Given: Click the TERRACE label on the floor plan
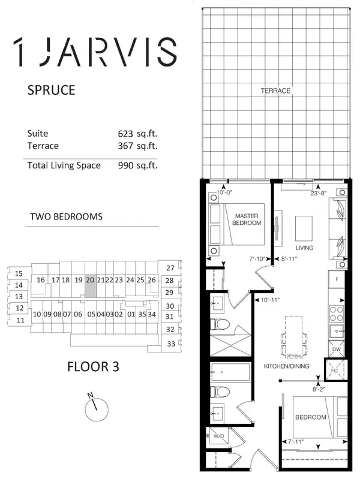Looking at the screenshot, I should pyautogui.click(x=275, y=91).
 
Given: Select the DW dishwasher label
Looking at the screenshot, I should pyautogui.click(x=337, y=350).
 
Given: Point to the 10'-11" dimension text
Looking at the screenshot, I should pyautogui.click(x=268, y=300).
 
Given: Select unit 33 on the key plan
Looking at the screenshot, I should pyautogui.click(x=171, y=344).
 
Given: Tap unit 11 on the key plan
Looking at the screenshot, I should pyautogui.click(x=20, y=320).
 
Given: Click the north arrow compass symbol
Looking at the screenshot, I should pyautogui.click(x=94, y=408).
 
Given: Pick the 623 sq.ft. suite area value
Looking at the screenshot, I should pyautogui.click(x=139, y=133).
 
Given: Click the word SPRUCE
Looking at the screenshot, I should pyautogui.click(x=51, y=91).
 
